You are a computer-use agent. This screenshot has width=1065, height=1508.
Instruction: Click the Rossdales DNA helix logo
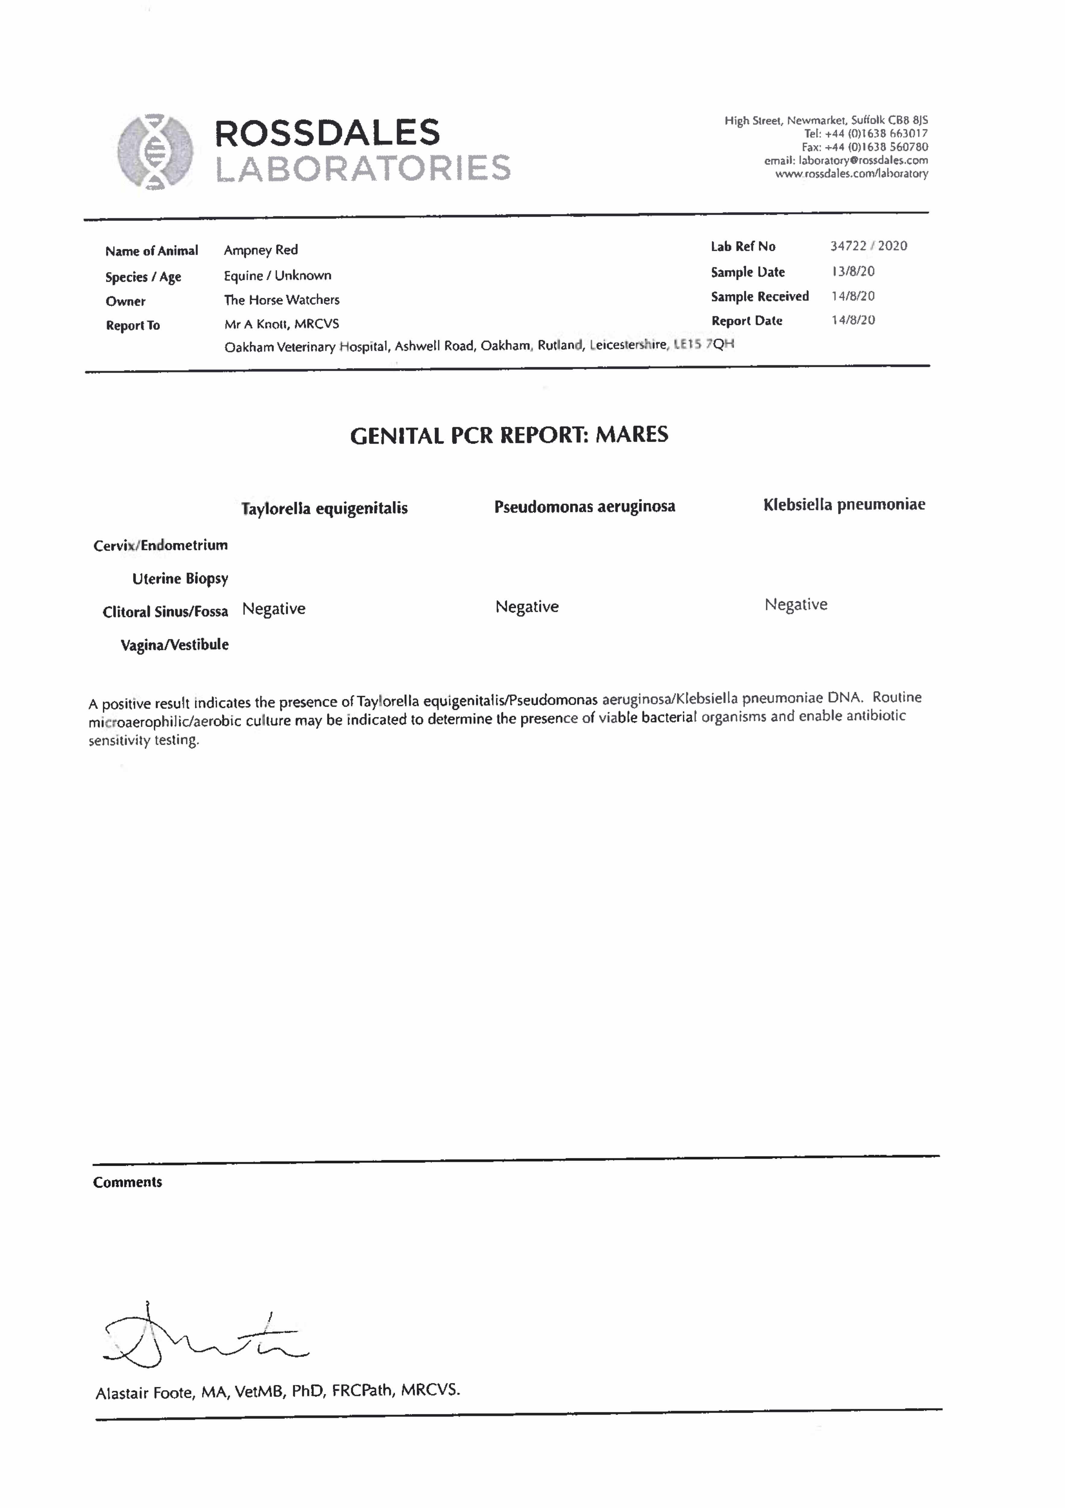[x=155, y=152]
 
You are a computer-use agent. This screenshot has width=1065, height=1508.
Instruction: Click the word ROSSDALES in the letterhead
[x=327, y=133]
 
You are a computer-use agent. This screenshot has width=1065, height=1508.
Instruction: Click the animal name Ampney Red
[x=261, y=250]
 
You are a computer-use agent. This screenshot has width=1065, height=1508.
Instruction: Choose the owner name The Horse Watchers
[x=282, y=300]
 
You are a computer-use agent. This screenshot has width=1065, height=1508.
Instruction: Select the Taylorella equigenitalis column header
[x=324, y=508]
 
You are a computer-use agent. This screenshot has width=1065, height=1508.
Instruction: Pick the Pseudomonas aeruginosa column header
[x=584, y=506]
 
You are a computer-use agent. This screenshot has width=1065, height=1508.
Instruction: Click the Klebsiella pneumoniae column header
[x=844, y=504]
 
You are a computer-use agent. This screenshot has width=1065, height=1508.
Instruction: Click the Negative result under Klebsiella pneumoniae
[x=796, y=604]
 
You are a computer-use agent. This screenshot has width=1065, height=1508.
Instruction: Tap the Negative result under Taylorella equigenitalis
[x=274, y=609]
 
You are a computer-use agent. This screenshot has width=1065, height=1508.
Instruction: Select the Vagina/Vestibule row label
[x=175, y=645]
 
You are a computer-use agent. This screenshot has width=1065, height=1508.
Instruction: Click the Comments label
[x=128, y=1182]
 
